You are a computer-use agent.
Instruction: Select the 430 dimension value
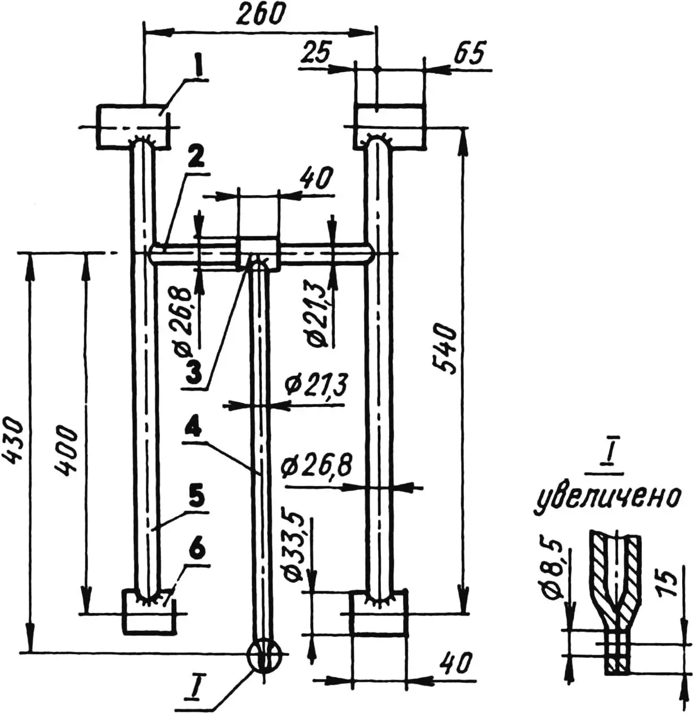13,440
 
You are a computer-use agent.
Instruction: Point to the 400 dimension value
66,451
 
